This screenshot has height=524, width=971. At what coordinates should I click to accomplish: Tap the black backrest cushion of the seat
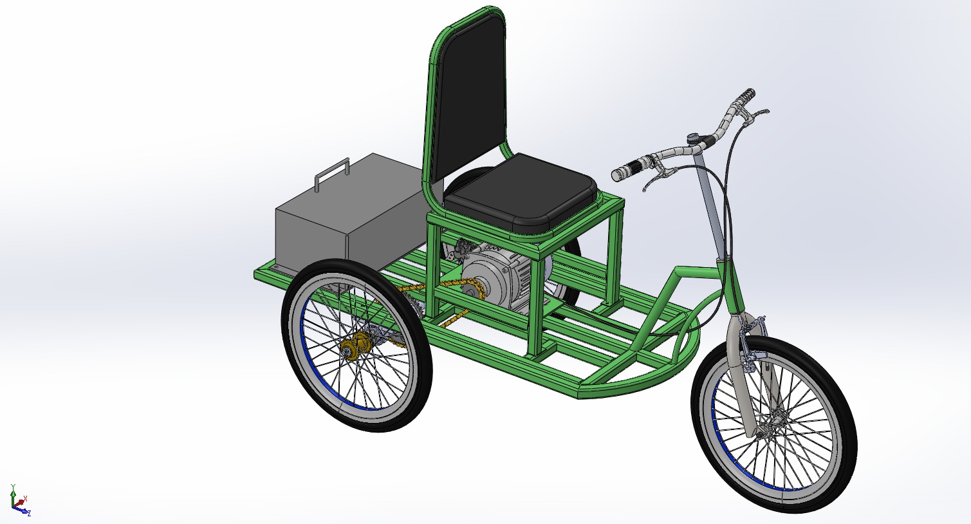pyautogui.click(x=468, y=97)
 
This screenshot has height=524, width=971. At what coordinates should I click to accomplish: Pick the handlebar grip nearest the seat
pyautogui.click(x=627, y=171)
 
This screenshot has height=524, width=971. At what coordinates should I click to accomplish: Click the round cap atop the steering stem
pyautogui.click(x=694, y=137)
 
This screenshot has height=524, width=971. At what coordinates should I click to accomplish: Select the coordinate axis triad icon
pyautogui.click(x=18, y=501)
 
